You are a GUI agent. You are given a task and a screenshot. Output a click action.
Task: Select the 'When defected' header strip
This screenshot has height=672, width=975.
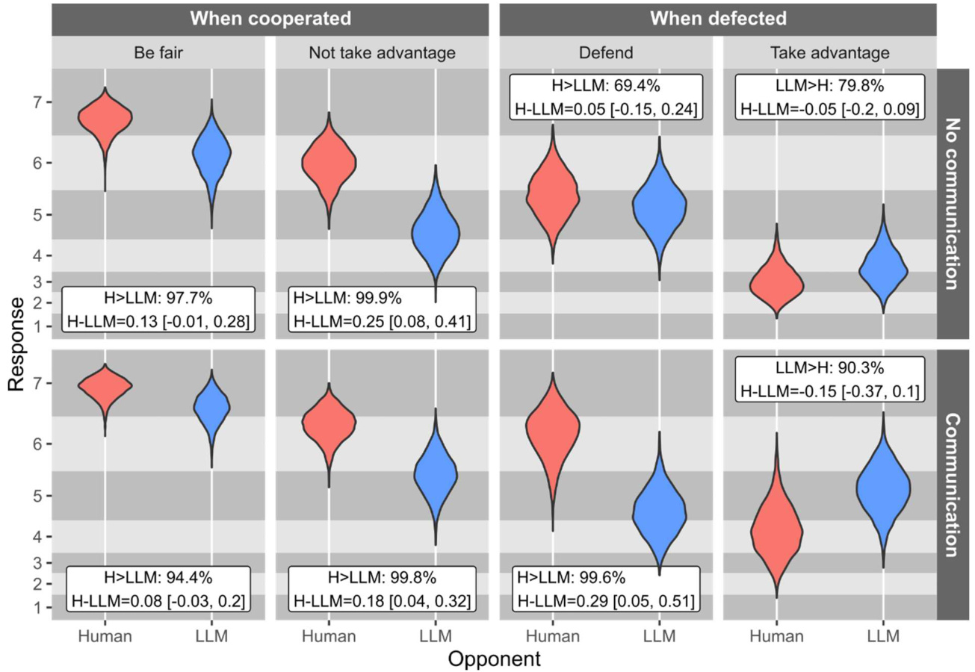(x=716, y=18)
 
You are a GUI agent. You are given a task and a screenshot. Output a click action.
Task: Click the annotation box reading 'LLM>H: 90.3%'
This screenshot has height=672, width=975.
(x=828, y=380)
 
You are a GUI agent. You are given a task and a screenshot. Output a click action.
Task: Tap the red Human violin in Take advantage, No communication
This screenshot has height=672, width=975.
(x=776, y=284)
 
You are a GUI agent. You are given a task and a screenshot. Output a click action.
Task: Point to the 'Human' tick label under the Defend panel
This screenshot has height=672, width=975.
(x=553, y=637)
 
